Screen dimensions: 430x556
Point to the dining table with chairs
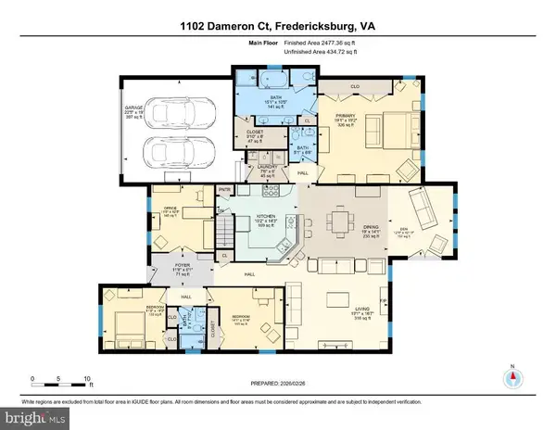tap(339, 222)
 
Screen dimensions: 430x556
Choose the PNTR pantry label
tap(223, 190)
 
